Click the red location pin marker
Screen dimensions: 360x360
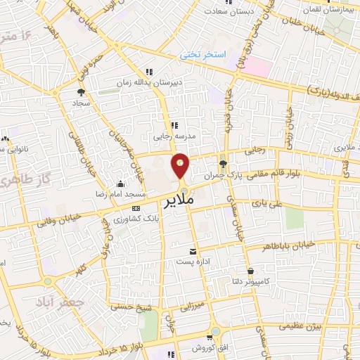181,165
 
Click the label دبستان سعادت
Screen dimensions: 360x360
231,11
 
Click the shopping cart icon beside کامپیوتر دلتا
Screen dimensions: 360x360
250,270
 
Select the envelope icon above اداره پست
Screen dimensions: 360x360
193,251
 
